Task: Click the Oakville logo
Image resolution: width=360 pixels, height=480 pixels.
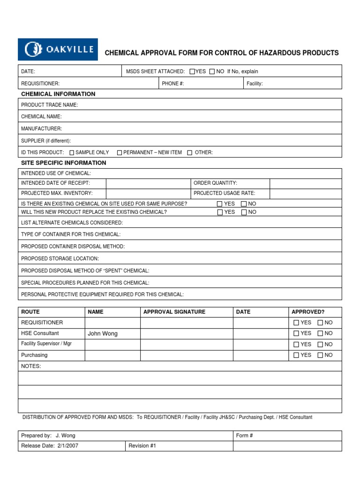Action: (58, 49)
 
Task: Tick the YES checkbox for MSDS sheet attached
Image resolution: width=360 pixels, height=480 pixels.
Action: (192, 72)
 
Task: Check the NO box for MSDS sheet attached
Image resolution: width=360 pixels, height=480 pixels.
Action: (212, 72)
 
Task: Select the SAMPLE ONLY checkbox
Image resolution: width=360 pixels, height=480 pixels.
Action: (72, 153)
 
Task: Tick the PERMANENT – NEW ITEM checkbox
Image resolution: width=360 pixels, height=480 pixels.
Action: (120, 153)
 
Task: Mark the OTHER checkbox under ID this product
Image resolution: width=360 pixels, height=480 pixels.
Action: (190, 153)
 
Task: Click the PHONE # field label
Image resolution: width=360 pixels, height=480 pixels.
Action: (173, 83)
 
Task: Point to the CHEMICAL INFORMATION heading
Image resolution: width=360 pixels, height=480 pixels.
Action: (58, 94)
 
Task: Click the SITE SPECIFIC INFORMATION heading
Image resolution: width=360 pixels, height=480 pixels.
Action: (64, 163)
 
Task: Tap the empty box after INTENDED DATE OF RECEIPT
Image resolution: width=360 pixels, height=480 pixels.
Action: (148, 183)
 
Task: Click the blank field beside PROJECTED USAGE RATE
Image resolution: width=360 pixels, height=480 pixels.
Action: (306, 193)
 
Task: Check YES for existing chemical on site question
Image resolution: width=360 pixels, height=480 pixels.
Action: (220, 204)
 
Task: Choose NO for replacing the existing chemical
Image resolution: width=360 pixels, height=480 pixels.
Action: (244, 212)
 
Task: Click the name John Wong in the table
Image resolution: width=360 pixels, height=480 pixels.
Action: (103, 334)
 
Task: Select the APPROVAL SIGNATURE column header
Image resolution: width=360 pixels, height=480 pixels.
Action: (174, 312)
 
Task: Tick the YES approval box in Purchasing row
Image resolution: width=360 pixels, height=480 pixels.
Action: (296, 355)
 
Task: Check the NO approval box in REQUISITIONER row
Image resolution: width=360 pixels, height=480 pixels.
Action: (320, 323)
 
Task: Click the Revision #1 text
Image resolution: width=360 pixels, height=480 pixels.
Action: (142, 446)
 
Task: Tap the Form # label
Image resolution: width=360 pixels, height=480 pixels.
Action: (244, 435)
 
